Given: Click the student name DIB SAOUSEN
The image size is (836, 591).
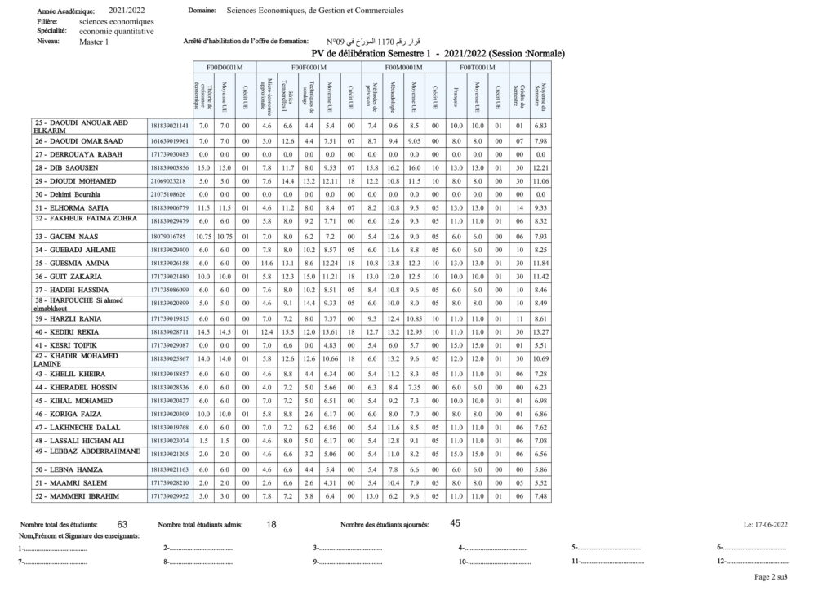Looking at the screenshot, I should pyautogui.click(x=76, y=167).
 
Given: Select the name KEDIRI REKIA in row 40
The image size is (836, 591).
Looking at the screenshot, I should pyautogui.click(x=77, y=332).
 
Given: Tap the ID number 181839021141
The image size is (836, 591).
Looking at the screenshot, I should pyautogui.click(x=170, y=126).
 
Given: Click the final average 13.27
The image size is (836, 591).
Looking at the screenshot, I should pyautogui.click(x=540, y=332).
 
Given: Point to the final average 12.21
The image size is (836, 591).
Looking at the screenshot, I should pyautogui.click(x=540, y=167).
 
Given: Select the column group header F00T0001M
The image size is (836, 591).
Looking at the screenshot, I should pyautogui.click(x=476, y=66).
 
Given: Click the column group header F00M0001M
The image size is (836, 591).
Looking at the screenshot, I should pyautogui.click(x=405, y=66).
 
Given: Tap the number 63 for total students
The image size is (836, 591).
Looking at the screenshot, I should pyautogui.click(x=122, y=524).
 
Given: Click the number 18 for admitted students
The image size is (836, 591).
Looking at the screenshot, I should pyautogui.click(x=272, y=524).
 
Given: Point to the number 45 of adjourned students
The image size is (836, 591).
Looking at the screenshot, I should pyautogui.click(x=456, y=523).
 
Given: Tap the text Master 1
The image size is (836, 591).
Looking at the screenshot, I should pyautogui.click(x=94, y=41).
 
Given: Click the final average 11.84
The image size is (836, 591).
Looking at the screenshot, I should pyautogui.click(x=540, y=263).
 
